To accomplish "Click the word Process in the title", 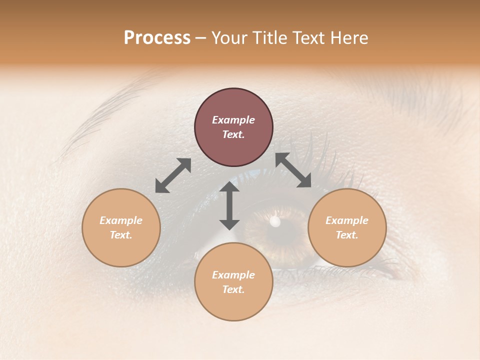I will coord(157,38).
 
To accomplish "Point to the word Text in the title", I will coord(307,38).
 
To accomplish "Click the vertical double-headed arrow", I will coord(229,205).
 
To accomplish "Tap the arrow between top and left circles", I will coord(173,175).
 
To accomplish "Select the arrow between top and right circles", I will coord(293,170).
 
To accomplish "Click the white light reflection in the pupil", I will coord(274,221).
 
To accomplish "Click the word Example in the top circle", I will coord(233,120).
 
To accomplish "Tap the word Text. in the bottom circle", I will coord(233,289).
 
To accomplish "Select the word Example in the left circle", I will coord(121,220).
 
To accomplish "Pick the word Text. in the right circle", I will coord(347,235).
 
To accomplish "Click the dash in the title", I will coord(201,38).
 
